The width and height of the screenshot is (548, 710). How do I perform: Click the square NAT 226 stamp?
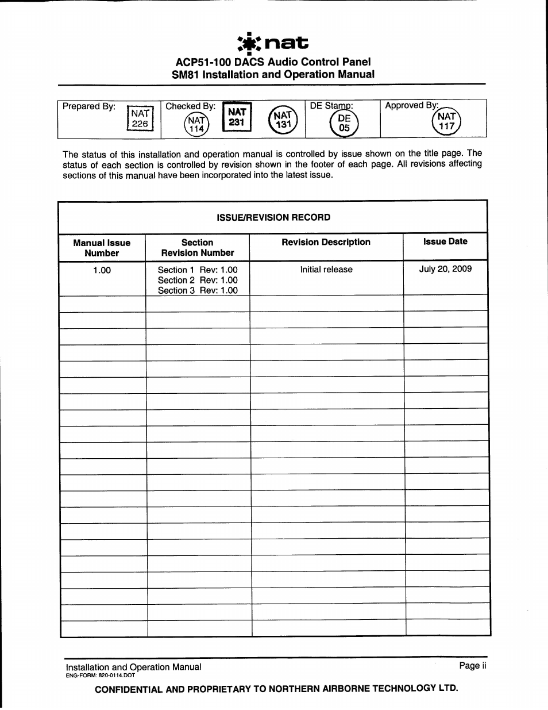(x=140, y=118)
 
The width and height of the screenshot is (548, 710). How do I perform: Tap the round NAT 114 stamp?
(x=196, y=124)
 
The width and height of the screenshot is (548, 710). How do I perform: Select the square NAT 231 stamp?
(x=237, y=117)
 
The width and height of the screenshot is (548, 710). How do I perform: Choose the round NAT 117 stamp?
(x=446, y=121)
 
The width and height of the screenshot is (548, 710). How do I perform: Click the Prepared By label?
(x=89, y=106)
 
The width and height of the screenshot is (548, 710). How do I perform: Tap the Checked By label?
(x=190, y=106)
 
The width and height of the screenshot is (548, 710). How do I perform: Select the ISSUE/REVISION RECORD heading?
(x=273, y=217)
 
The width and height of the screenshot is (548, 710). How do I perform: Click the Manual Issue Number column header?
(x=102, y=248)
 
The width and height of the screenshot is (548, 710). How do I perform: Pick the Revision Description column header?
(x=326, y=242)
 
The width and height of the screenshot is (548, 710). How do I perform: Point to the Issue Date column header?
(x=445, y=241)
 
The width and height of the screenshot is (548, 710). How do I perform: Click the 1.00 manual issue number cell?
(x=102, y=270)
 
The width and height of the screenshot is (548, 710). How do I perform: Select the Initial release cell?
(x=326, y=270)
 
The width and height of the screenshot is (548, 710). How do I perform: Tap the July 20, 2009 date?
(x=445, y=269)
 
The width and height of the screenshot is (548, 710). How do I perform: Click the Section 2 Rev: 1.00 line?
(x=198, y=281)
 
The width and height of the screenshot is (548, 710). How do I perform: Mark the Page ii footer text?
(x=472, y=666)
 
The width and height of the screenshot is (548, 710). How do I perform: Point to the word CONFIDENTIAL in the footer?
(x=128, y=689)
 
